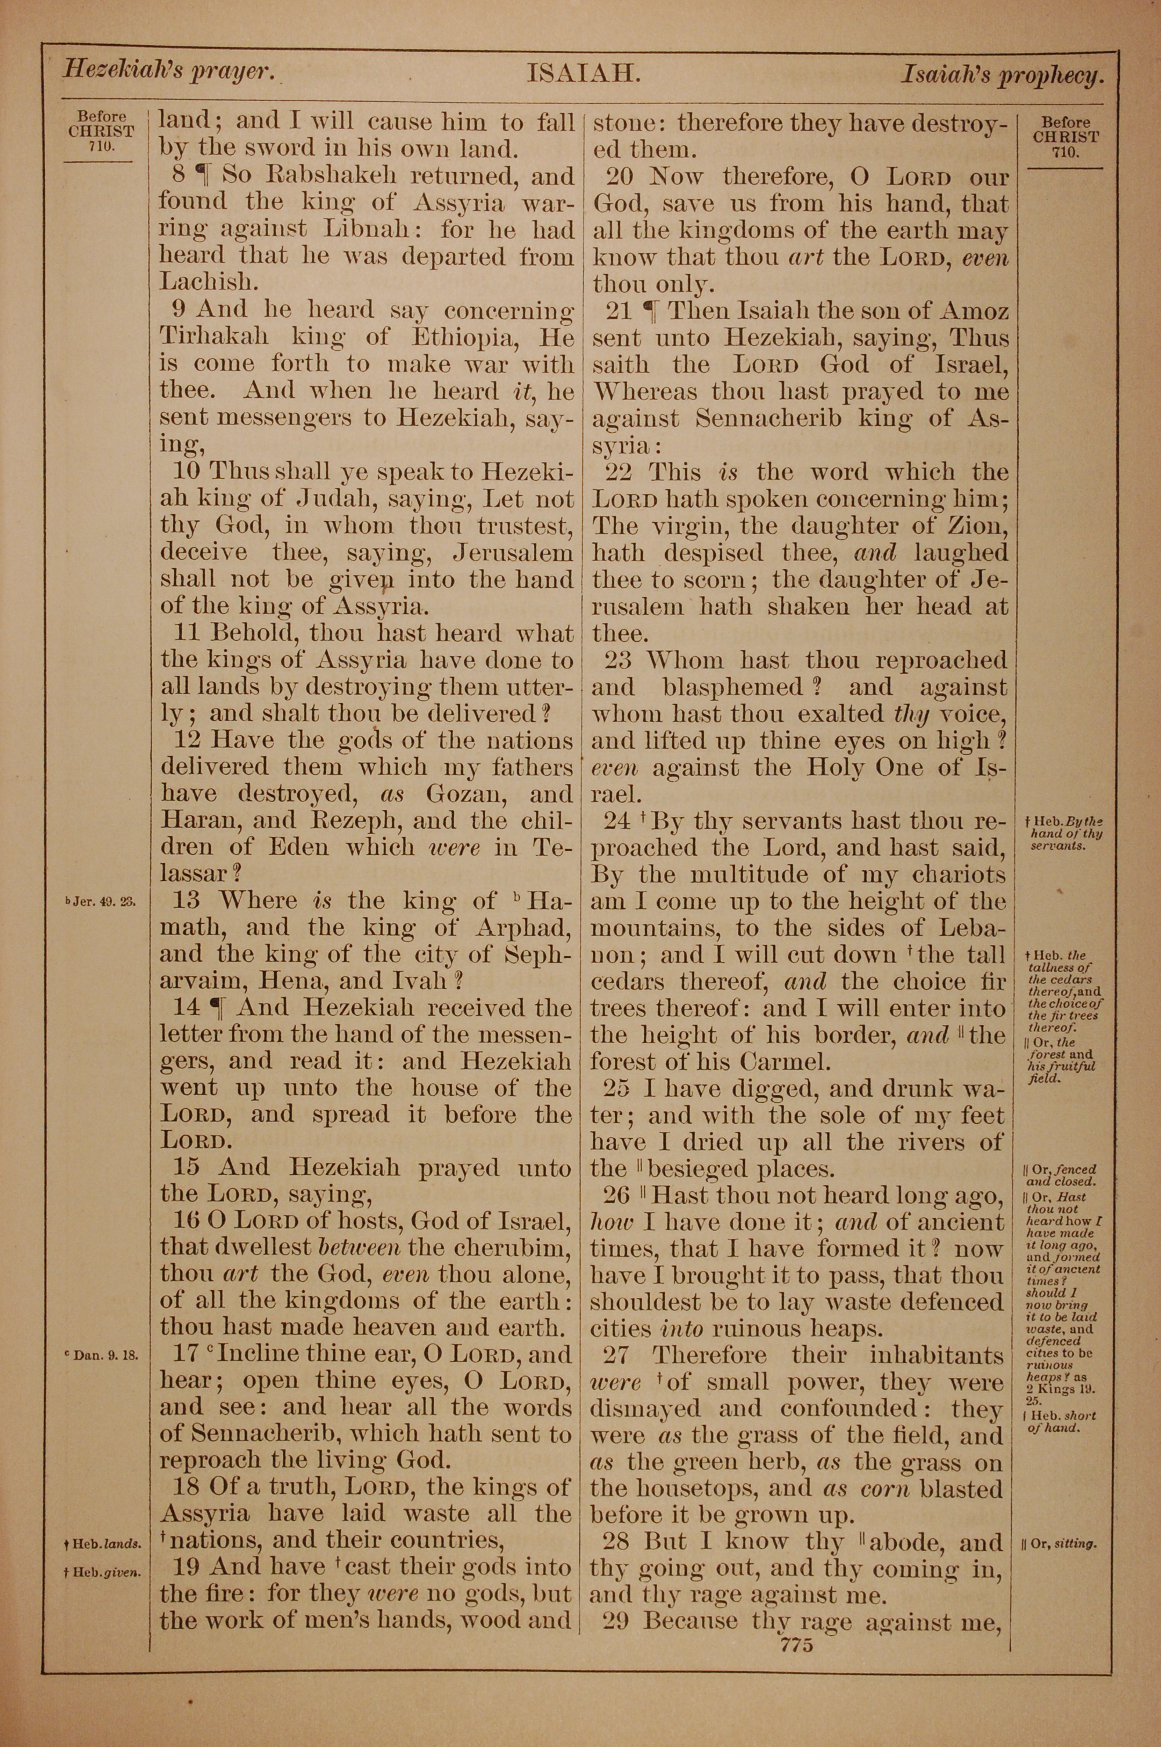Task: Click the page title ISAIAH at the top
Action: (x=583, y=74)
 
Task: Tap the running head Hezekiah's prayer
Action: (x=169, y=71)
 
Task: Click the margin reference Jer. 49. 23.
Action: (x=100, y=902)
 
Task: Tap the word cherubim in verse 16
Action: (x=510, y=1247)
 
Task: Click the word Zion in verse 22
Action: (x=976, y=526)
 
